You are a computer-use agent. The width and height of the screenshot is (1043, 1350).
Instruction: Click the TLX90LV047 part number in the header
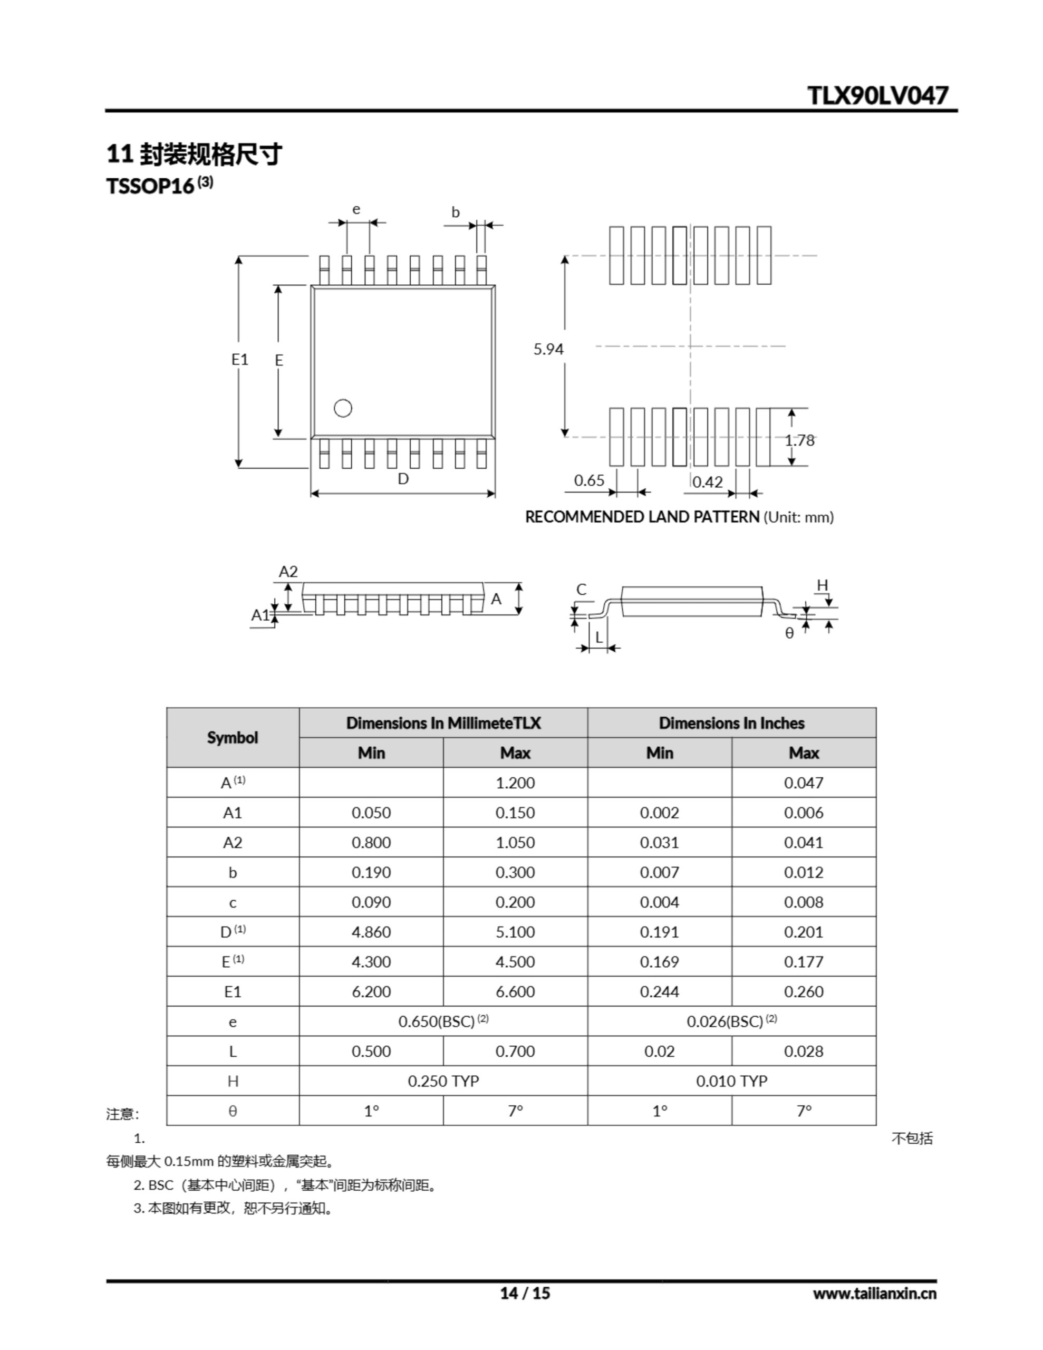tap(877, 95)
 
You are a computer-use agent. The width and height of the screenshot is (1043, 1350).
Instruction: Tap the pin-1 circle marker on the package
tap(343, 408)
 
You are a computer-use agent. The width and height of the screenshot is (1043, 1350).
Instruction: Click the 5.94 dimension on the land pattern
tap(548, 349)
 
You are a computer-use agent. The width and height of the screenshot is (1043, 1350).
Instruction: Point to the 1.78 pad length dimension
tap(799, 440)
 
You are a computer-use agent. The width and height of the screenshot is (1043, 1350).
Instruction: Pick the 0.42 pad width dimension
tap(707, 481)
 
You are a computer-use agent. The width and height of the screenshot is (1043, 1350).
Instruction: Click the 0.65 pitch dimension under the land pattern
tap(588, 480)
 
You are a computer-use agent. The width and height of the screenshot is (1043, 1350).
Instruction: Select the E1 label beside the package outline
tap(240, 359)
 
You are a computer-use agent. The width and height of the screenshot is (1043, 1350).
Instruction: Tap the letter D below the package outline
tap(403, 478)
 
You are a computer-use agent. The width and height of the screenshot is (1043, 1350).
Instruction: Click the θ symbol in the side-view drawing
tap(789, 633)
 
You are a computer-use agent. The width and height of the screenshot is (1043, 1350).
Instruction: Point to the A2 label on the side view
tap(288, 571)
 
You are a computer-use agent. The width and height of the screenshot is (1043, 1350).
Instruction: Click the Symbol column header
tap(233, 737)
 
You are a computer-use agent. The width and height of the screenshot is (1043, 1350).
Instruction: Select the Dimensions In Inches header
tap(731, 722)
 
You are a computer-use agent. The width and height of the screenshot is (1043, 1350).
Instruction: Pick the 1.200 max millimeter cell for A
tap(515, 783)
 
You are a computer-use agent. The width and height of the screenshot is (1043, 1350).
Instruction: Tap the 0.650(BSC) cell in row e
tap(443, 1021)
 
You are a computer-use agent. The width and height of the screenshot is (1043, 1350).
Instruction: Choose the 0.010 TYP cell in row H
tap(731, 1081)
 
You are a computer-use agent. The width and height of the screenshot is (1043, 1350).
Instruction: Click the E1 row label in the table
tap(233, 991)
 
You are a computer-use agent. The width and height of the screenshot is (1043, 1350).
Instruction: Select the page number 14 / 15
tap(525, 1293)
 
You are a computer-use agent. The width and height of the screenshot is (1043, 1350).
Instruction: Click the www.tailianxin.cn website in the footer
tap(874, 1293)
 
